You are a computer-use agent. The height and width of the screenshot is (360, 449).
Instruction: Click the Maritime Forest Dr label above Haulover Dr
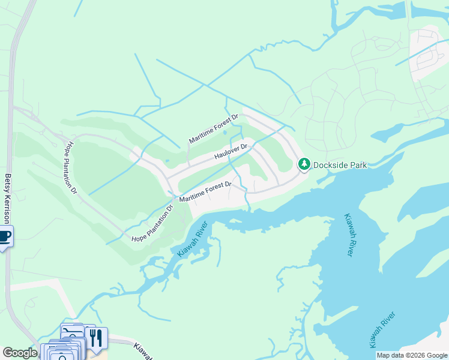click(x=214, y=129)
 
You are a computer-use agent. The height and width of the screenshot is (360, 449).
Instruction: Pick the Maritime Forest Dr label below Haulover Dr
click(x=206, y=192)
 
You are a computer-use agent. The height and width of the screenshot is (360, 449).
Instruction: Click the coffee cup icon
click(x=5, y=236)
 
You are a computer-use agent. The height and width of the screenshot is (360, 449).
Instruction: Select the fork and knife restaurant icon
click(x=95, y=338)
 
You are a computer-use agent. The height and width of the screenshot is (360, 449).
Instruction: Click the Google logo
click(x=20, y=353)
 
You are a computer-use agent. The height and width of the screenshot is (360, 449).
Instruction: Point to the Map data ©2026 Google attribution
click(x=412, y=355)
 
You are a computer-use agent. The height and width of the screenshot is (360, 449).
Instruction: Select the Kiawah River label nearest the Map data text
click(x=382, y=330)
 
